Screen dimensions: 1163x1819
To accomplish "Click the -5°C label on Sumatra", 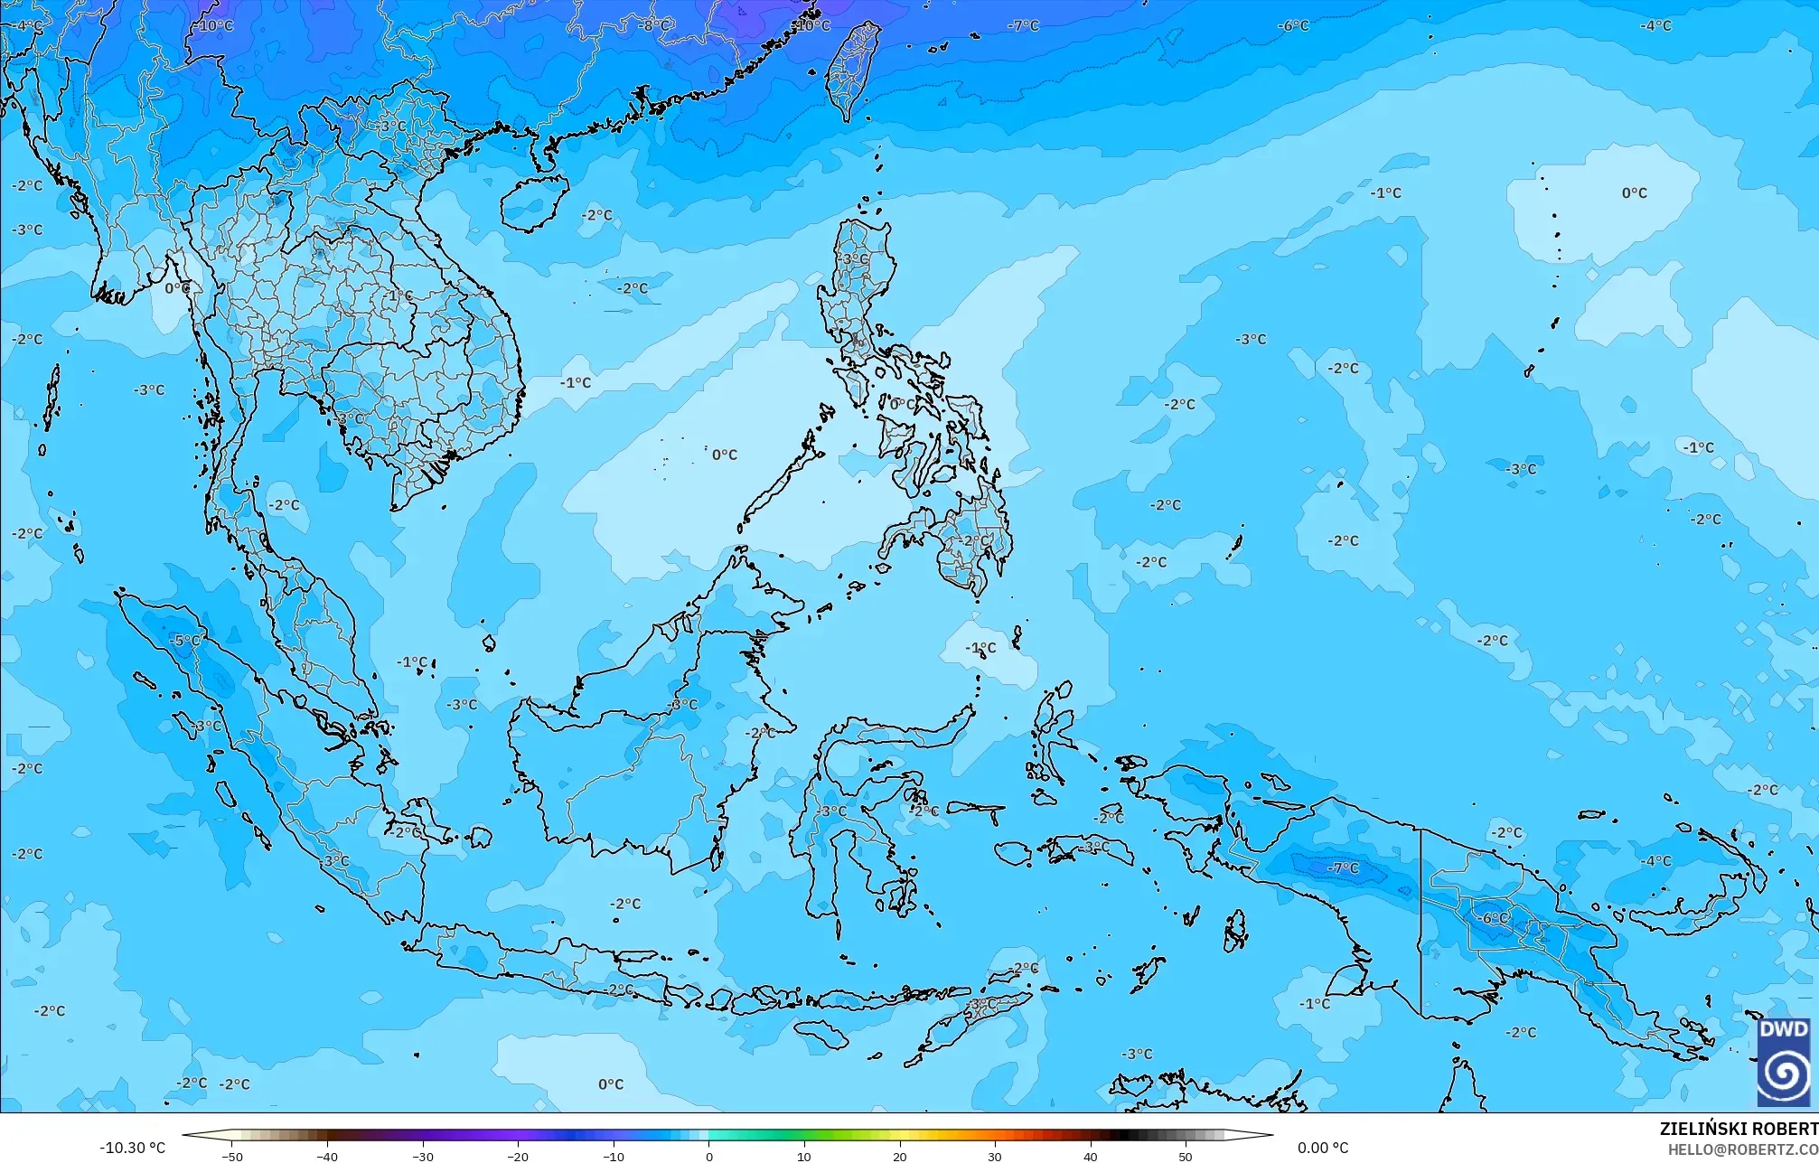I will pos(185,641).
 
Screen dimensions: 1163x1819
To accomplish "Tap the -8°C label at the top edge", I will pos(654,25).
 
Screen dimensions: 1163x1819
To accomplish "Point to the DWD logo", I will pos(1784,1062).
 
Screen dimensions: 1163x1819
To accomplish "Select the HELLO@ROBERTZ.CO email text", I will pos(1742,1149).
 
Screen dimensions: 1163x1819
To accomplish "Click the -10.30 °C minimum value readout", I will pos(132,1148).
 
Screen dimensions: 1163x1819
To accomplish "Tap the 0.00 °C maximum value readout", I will pos(1323,1148).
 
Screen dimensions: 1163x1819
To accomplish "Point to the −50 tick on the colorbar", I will pos(232,1156).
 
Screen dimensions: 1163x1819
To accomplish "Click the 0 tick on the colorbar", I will pos(709,1156).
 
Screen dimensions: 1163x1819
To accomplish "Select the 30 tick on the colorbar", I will pos(995,1156).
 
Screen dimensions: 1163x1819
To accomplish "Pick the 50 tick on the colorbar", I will pos(1186,1156).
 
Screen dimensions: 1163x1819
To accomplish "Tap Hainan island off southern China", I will pos(533,201).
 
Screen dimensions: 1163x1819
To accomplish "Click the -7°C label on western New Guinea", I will pos(1342,868).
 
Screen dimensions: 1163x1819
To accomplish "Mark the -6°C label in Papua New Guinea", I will pos(1495,918).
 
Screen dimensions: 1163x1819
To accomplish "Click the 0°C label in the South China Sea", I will pos(724,455).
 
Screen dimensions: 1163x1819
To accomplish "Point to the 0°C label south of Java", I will pos(611,1083).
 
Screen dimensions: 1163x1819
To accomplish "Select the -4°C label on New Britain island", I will pos(1655,861).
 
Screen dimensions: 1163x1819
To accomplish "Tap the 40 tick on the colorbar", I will pos(1091,1156).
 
